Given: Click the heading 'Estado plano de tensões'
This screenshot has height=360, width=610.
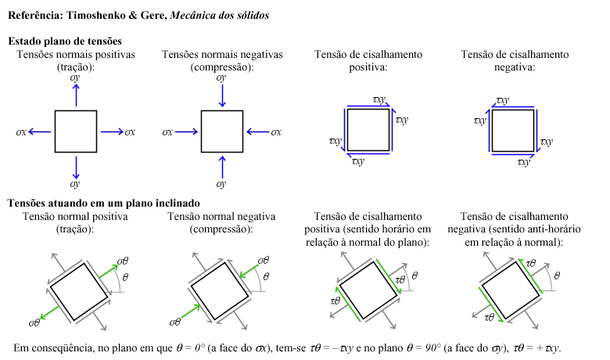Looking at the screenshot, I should [64, 41].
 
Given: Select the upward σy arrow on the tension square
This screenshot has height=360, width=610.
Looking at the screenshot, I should [76, 95].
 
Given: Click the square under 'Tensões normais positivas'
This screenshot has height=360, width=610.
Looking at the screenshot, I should [76, 131].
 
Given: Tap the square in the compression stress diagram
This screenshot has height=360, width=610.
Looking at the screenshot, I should [222, 131].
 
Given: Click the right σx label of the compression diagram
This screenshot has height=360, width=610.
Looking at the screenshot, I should [276, 132].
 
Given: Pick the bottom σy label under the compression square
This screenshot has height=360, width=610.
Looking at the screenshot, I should [222, 185].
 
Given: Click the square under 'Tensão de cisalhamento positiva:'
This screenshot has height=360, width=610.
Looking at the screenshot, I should [368, 130].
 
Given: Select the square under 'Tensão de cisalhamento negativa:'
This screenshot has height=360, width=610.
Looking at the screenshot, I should [513, 130].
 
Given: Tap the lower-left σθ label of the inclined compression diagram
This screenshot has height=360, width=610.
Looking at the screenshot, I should [176, 322].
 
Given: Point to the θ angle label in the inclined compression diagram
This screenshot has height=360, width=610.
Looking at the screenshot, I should [266, 276].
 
